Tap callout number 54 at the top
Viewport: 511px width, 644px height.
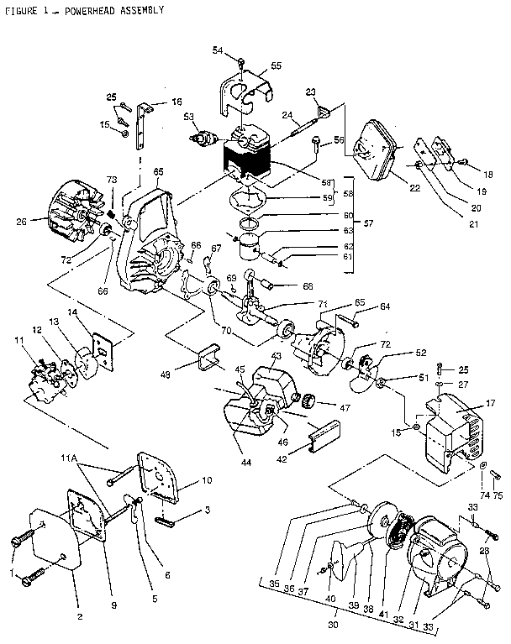[x=217, y=51]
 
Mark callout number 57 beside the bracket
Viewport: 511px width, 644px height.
[x=367, y=223]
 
